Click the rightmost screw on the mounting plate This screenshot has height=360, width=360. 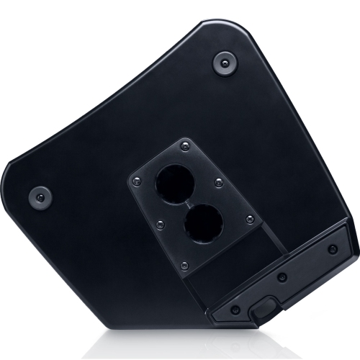point(249,219)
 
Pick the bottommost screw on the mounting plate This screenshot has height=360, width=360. point(185,265)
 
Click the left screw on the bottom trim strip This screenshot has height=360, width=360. point(235,310)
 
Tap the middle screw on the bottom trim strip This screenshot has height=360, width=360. point(283,277)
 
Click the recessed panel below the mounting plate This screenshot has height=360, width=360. point(223,274)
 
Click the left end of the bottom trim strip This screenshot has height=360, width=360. point(213,317)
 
